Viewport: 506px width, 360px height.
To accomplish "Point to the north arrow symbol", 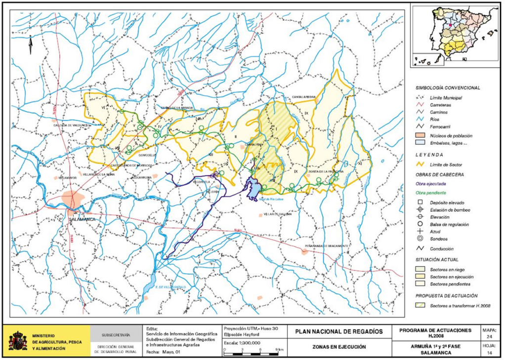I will pyautogui.click(x=30, y=45).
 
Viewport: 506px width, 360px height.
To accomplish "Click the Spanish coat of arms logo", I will pyautogui.click(x=18, y=341).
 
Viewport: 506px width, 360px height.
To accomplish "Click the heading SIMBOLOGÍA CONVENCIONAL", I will pyautogui.click(x=447, y=88).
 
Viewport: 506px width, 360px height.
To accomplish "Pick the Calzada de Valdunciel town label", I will pyautogui.click(x=73, y=126).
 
